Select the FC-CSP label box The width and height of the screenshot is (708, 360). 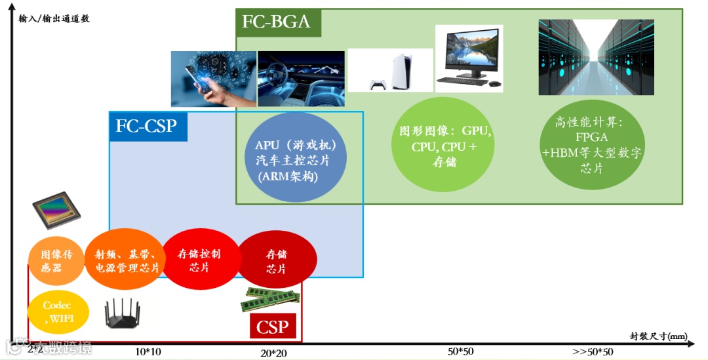[x=147, y=125]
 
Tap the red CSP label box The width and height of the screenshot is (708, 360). [x=273, y=327]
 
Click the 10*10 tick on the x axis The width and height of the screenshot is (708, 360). [x=147, y=351]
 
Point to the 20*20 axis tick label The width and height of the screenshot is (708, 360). [x=273, y=353]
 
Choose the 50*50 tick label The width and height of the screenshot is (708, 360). [x=461, y=351]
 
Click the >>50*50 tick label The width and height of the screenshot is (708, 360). [x=593, y=351]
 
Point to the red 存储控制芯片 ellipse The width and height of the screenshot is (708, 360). [x=199, y=260]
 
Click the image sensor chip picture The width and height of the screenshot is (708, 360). [x=56, y=210]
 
